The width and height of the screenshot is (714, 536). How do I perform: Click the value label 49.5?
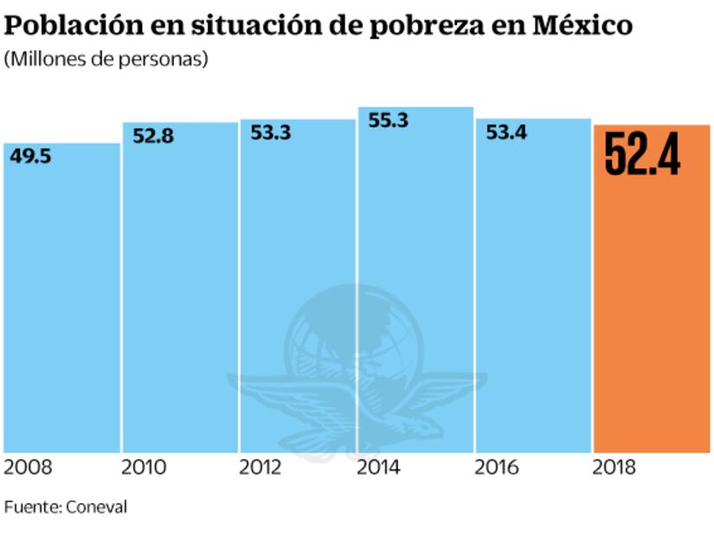pos(29,156)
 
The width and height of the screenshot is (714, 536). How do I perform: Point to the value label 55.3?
pos(388,121)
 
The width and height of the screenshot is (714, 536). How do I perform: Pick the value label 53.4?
pos(506,133)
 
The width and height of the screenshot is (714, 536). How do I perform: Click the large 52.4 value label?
pos(641,154)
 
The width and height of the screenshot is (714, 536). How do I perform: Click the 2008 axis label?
pos(29,468)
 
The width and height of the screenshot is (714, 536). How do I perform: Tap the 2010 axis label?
pos(146,468)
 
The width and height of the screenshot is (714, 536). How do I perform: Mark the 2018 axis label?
pos(615,468)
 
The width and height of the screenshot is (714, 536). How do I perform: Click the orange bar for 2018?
pos(652,311)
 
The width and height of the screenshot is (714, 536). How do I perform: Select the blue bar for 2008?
pos(61,311)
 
